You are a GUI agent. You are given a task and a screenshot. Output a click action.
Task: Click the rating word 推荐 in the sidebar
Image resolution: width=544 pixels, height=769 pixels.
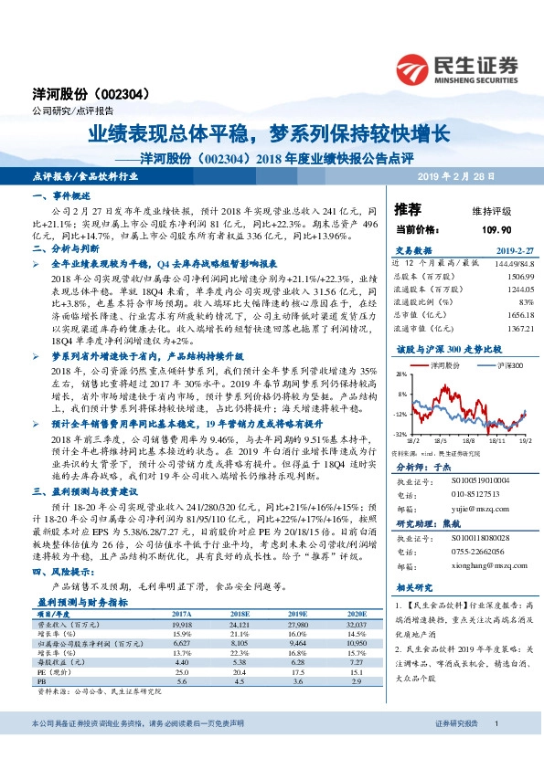(x=408, y=208)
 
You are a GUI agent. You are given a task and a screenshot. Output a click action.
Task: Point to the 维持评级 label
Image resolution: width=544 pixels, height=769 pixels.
(x=467, y=209)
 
